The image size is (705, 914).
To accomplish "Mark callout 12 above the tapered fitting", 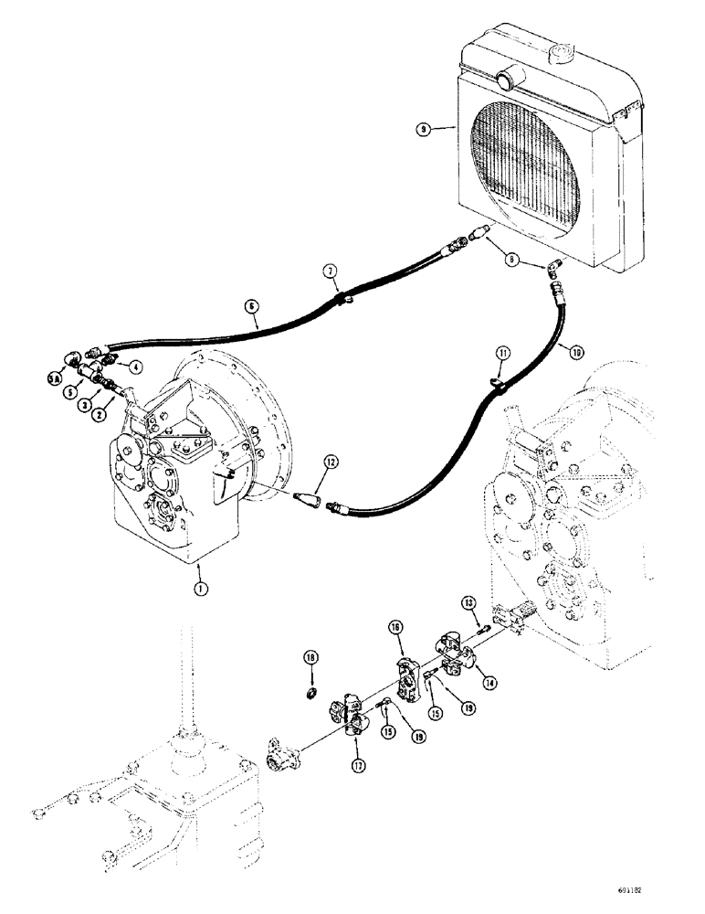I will (x=330, y=462).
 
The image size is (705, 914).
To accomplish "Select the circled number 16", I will (x=398, y=627).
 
